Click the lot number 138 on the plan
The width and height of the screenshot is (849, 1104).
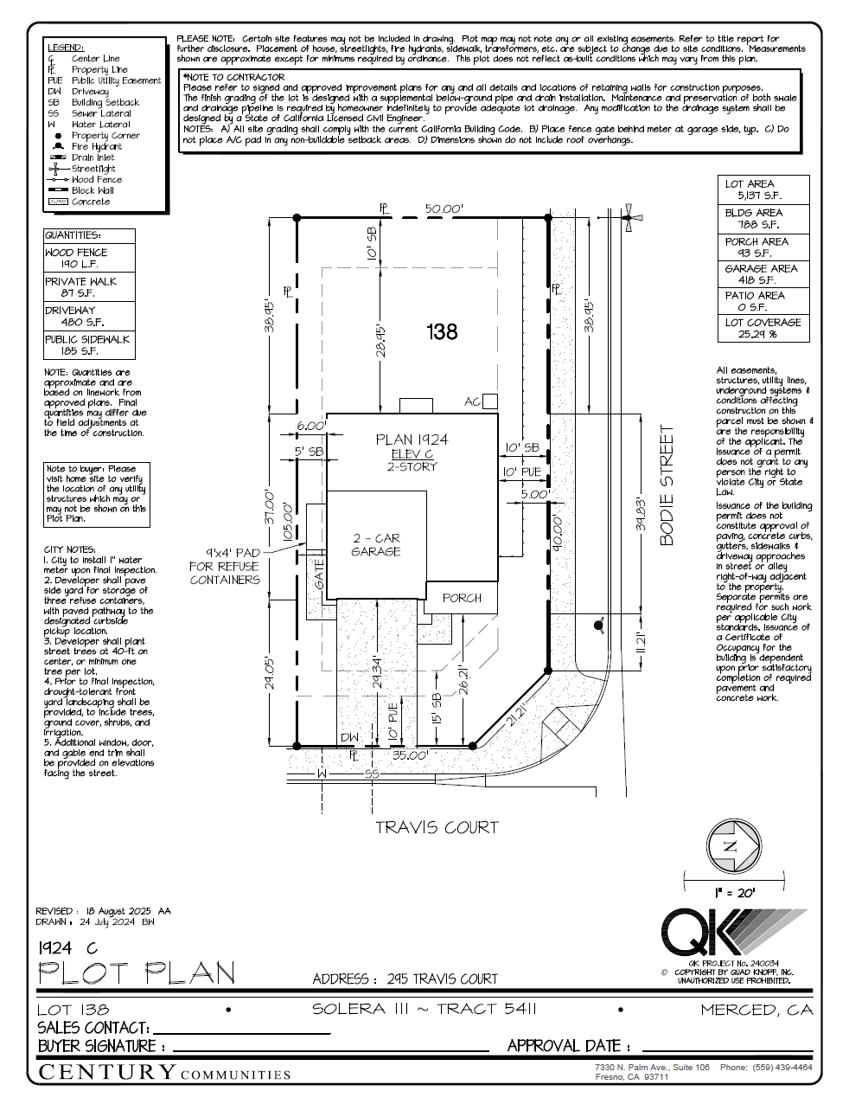pyautogui.click(x=442, y=331)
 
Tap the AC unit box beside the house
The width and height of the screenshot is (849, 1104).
pyautogui.click(x=490, y=401)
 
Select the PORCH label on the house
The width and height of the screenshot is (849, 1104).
pyautogui.click(x=462, y=598)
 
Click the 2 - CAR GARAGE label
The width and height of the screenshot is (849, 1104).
pyautogui.click(x=376, y=544)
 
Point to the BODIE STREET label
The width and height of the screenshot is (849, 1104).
pyautogui.click(x=666, y=485)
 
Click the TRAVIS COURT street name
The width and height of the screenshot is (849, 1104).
pyautogui.click(x=437, y=827)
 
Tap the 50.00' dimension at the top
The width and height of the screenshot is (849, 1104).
pyautogui.click(x=444, y=209)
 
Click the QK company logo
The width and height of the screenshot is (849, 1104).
pyautogui.click(x=731, y=933)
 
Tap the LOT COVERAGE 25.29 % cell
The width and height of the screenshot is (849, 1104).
pyautogui.click(x=763, y=328)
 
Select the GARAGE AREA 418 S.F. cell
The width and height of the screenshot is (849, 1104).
pyautogui.click(x=763, y=274)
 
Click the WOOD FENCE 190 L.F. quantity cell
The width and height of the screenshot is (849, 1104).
pyautogui.click(x=89, y=258)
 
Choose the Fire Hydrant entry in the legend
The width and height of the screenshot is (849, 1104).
pyautogui.click(x=96, y=146)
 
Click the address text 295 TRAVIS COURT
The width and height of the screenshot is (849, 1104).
pyautogui.click(x=442, y=979)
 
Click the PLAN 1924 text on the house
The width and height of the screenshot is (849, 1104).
pyautogui.click(x=412, y=440)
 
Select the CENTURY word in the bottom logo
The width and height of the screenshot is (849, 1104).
pyautogui.click(x=107, y=1072)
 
